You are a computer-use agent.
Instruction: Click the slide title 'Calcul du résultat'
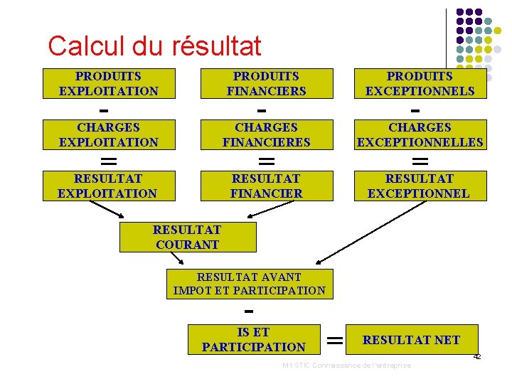click(154, 46)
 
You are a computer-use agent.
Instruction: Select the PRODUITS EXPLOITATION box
click(109, 83)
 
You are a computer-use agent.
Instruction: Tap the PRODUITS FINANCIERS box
click(267, 83)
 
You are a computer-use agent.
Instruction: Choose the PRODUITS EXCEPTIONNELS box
click(420, 83)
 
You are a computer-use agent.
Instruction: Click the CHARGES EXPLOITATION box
click(109, 134)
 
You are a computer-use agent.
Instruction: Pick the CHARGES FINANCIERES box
click(267, 134)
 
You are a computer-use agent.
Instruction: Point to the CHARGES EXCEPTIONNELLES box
click(420, 134)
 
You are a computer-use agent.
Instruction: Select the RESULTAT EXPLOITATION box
click(107, 186)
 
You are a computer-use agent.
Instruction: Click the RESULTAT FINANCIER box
click(267, 186)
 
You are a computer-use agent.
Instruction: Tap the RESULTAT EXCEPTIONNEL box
click(419, 186)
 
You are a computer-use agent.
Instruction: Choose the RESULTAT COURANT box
click(187, 238)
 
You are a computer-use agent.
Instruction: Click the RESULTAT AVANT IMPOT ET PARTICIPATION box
click(249, 284)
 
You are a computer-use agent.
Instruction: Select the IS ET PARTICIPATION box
click(254, 339)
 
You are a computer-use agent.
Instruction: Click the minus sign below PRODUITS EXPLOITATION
click(104, 111)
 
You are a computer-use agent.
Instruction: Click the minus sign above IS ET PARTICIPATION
click(248, 311)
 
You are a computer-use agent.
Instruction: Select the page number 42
click(477, 356)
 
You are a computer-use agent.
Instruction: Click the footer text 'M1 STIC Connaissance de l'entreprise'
click(346, 366)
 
